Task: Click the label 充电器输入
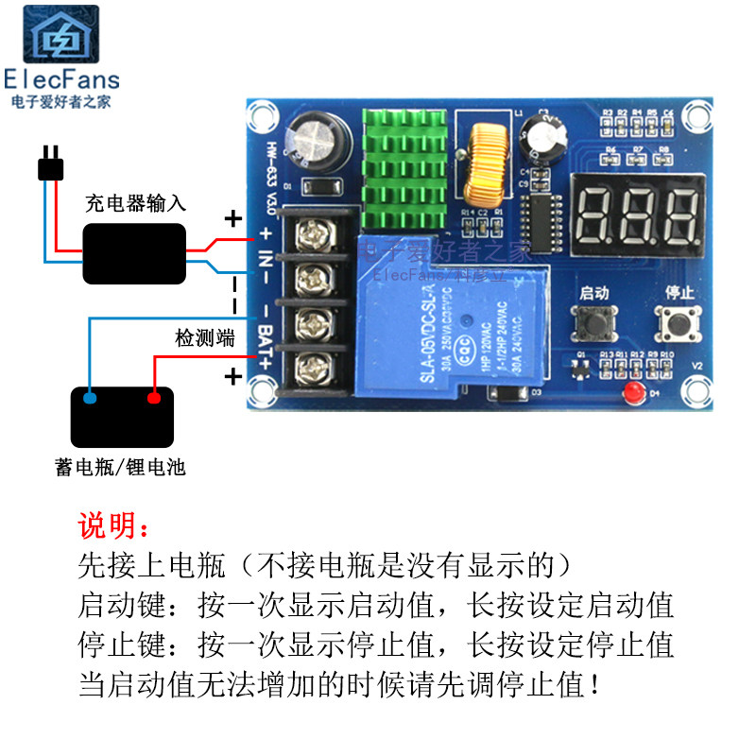pyautogui.click(x=135, y=202)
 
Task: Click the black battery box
pyautogui.click(x=122, y=417)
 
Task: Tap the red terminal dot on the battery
pyautogui.click(x=154, y=399)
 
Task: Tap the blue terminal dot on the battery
pyautogui.click(x=90, y=399)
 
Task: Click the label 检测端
pyautogui.click(x=205, y=339)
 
